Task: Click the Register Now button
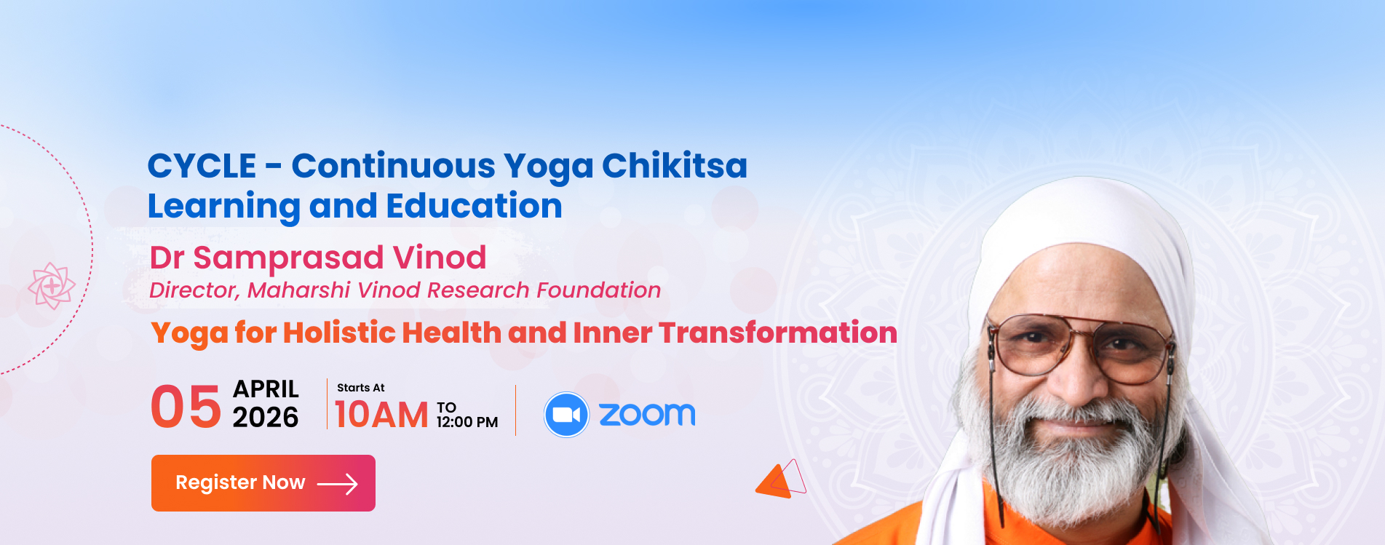point(263,483)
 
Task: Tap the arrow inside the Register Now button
point(338,484)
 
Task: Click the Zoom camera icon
point(566,415)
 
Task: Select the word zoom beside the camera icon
point(647,414)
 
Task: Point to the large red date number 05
point(186,407)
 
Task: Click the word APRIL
point(266,389)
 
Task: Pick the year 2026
point(266,418)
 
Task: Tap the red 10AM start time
point(381,415)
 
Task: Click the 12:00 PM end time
point(467,422)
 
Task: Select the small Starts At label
point(361,388)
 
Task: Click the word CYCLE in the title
point(202,166)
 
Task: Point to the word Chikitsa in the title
point(675,165)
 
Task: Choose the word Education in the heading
point(475,206)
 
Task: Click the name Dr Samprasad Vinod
point(318,258)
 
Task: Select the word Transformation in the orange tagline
point(778,333)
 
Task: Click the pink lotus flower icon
point(52,286)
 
